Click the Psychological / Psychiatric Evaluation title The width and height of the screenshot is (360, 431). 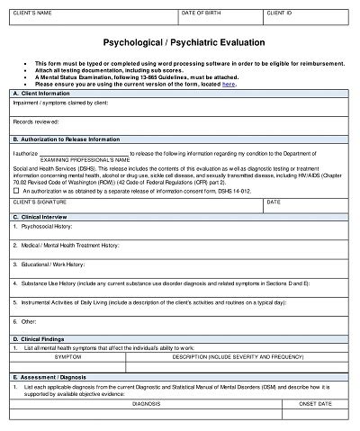pyautogui.click(x=180, y=42)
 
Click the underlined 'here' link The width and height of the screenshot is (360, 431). pyautogui.click(x=229, y=84)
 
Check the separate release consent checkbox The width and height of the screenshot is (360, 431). pyautogui.click(x=16, y=191)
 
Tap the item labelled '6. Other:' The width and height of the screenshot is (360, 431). pyautogui.click(x=26, y=321)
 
